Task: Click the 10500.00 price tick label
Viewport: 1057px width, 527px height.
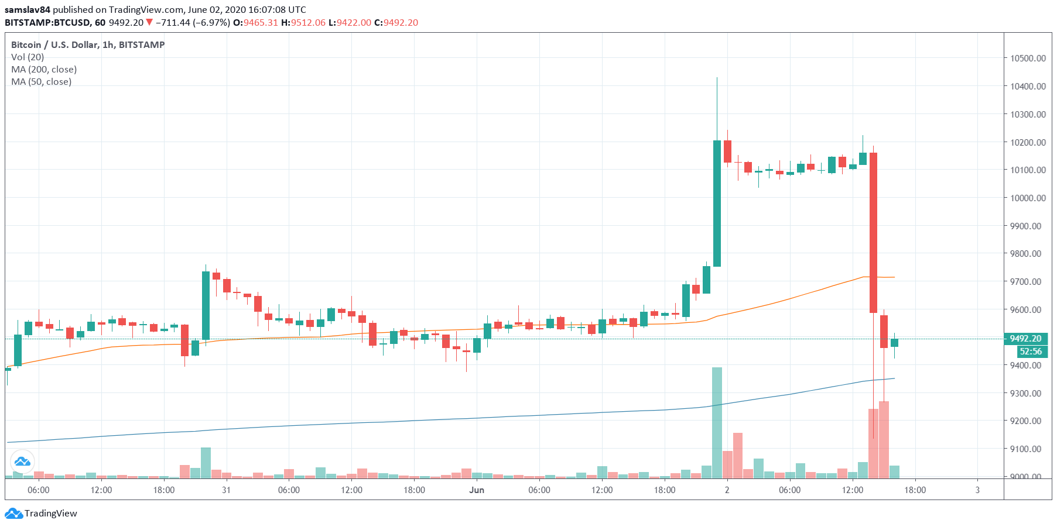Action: (x=1028, y=58)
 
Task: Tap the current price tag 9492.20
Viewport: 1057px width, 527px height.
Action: (x=1025, y=339)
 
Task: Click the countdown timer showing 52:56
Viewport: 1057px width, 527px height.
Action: (x=1030, y=352)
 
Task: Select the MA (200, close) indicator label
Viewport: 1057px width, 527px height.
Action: (x=44, y=69)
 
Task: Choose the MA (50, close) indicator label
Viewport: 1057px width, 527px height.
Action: (x=42, y=81)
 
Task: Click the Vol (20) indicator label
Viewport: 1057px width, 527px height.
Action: (x=28, y=57)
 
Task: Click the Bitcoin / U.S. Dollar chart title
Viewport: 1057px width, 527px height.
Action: (x=88, y=44)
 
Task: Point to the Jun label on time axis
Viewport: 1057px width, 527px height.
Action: (x=477, y=490)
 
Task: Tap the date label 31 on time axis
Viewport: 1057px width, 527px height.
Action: (x=226, y=490)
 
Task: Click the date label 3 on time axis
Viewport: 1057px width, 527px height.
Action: (x=977, y=490)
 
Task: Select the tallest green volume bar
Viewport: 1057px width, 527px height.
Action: (x=717, y=422)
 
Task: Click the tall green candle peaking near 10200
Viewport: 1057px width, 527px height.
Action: (x=717, y=203)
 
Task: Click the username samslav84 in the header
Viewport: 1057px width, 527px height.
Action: (x=28, y=10)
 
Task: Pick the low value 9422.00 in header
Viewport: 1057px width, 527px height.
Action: (x=354, y=23)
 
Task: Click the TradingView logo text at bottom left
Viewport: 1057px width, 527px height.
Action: (x=50, y=514)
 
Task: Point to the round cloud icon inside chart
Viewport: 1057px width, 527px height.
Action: (x=22, y=462)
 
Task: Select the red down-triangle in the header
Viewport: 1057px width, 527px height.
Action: (x=149, y=23)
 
